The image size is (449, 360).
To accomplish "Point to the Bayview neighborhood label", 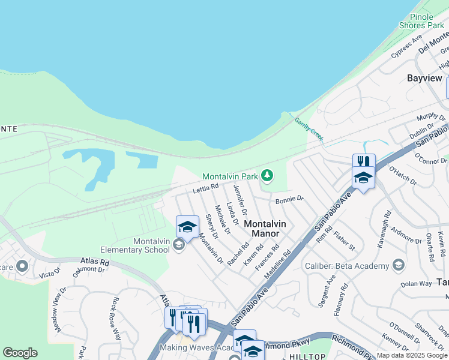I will point(424,78).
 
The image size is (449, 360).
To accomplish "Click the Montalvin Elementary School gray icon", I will point(178,245).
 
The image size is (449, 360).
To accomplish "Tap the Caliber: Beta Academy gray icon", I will point(398,265).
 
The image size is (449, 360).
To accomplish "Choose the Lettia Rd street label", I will point(205,189).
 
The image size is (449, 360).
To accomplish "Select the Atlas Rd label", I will point(95,262).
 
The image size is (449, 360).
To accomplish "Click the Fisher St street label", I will point(345,240).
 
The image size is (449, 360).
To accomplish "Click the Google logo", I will point(20,353).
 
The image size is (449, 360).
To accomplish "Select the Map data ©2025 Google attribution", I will point(412,355).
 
